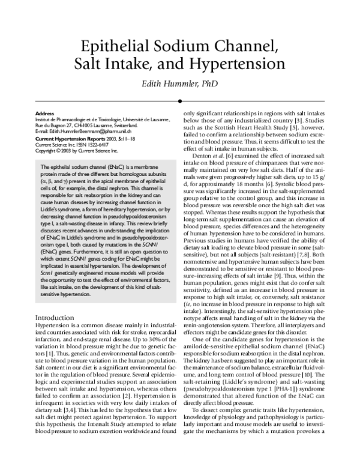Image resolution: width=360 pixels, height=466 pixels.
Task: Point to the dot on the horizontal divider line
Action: (181, 101)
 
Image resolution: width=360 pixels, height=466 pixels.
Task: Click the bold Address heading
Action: (45, 113)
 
